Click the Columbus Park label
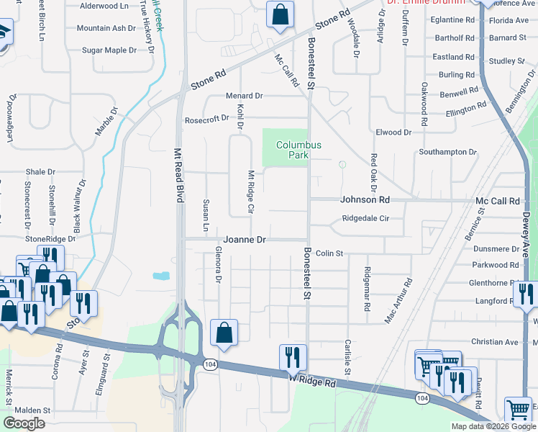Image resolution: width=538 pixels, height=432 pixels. click(298, 150)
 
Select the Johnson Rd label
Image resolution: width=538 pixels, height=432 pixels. click(365, 199)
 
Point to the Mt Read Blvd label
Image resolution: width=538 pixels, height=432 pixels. click(177, 176)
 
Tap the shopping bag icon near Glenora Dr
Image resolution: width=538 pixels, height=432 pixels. click(224, 333)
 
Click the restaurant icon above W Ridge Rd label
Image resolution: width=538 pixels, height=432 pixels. click(293, 356)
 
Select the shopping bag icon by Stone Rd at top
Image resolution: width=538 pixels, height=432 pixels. click(280, 14)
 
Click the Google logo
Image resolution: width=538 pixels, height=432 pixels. click(24, 423)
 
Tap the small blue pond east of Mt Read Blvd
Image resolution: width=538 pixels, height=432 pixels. click(161, 275)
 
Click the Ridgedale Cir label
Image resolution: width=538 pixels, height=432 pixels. click(365, 218)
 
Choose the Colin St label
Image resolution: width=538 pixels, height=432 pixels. click(330, 253)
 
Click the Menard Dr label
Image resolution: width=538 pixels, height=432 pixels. click(245, 96)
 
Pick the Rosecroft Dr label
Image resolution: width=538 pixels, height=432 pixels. click(206, 119)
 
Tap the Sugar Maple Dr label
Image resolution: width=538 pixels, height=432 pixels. click(109, 50)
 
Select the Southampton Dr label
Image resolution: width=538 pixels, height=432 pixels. click(447, 152)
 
